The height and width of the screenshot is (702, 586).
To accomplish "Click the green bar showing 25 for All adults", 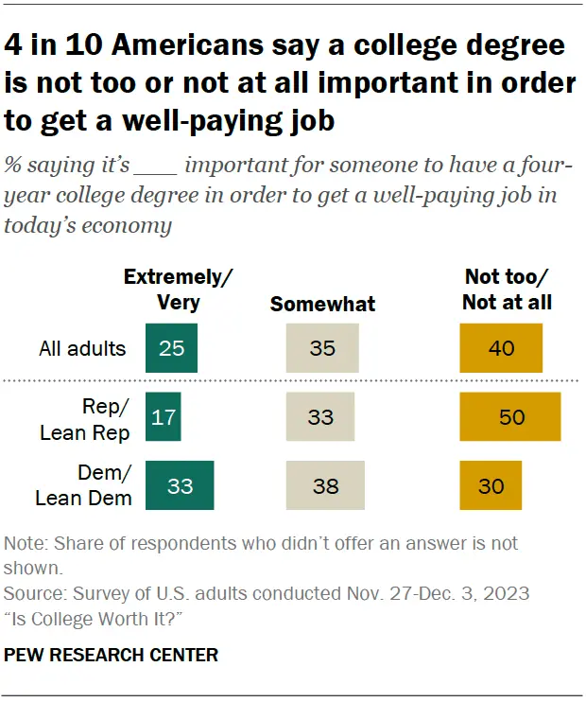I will (x=171, y=347).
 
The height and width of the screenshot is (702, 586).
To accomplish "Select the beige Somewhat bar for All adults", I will (x=322, y=347).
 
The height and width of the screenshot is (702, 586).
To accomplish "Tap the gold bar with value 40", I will (x=501, y=347).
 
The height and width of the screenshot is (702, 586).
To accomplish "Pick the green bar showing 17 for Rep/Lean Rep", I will (x=163, y=417).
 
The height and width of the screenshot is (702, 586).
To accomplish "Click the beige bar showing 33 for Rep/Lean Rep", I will (x=320, y=417).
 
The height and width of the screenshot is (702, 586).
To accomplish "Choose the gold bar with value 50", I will (x=510, y=417).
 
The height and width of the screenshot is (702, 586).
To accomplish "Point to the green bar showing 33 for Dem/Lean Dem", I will (x=180, y=486).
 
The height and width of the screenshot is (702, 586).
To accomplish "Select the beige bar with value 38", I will (x=325, y=486).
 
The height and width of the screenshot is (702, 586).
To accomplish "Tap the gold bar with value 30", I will (x=491, y=486).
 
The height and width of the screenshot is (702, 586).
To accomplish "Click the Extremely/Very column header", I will (x=179, y=290).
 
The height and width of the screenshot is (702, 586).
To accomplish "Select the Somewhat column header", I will (x=322, y=304).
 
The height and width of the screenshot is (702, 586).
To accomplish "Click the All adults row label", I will (x=82, y=348).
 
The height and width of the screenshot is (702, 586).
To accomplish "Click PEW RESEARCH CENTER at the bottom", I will (x=112, y=655).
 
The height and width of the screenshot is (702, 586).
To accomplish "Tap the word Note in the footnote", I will (x=23, y=545).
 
